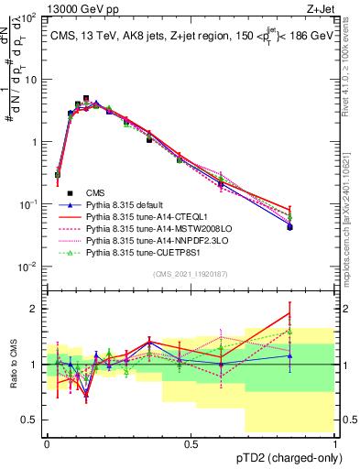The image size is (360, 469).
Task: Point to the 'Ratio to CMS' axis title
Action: (12, 365)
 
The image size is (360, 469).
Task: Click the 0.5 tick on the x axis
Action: (191, 442)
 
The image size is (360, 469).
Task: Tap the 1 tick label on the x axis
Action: (334, 442)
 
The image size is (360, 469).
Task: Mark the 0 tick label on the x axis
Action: (47, 442)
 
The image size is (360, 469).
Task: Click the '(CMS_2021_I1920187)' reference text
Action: (190, 275)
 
